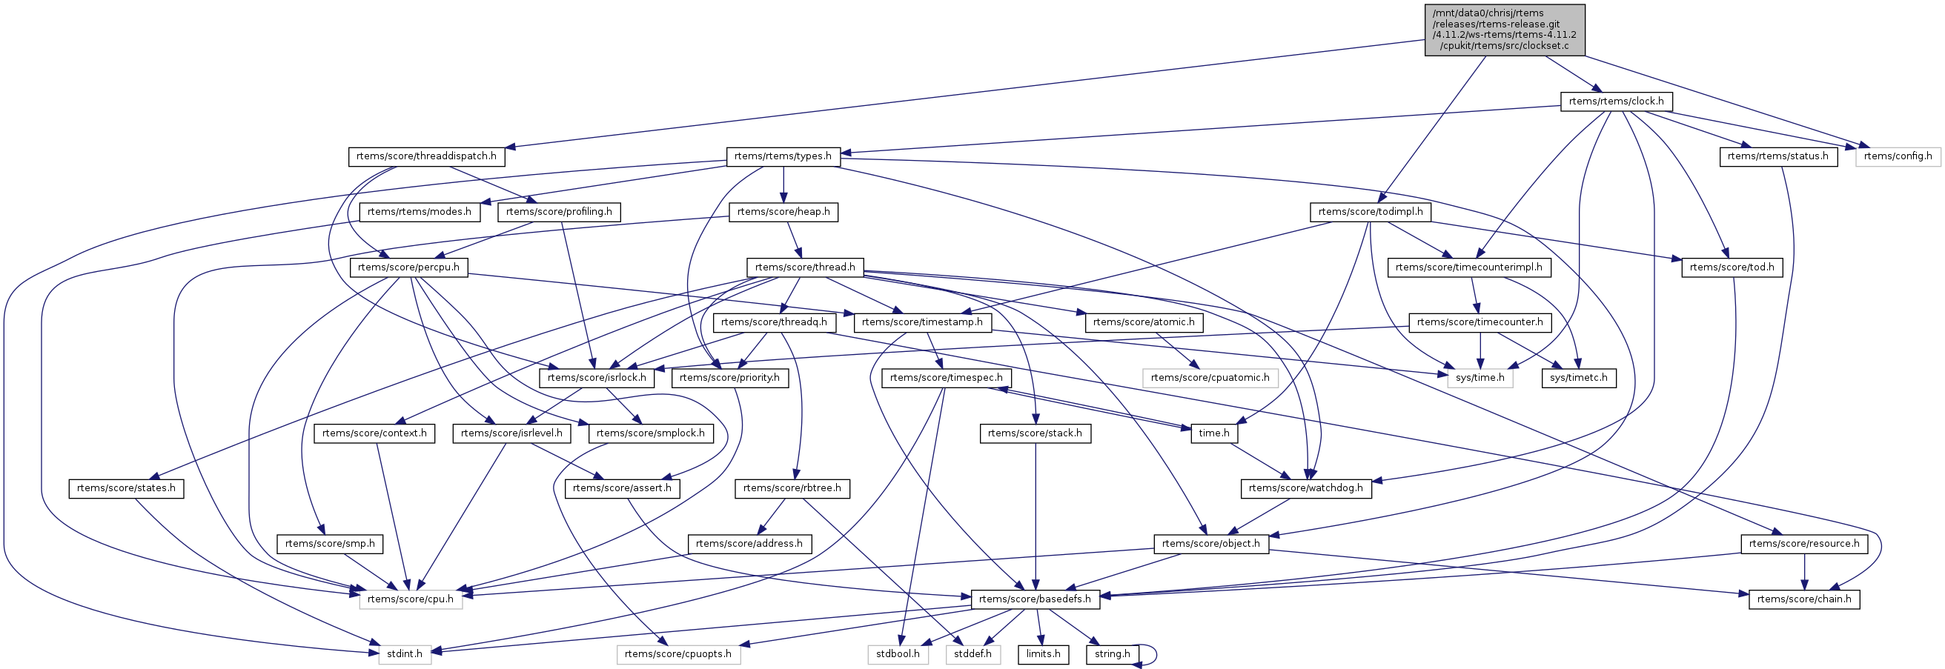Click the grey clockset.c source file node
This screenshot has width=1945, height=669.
click(1504, 30)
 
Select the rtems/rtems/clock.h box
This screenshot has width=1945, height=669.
click(1616, 101)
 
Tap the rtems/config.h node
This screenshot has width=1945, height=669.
click(1898, 156)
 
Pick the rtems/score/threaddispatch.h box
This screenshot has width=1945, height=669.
click(427, 156)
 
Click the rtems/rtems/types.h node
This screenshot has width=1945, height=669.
click(783, 156)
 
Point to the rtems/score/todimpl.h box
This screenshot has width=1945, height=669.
click(1370, 212)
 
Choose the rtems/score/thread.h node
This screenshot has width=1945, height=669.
click(805, 267)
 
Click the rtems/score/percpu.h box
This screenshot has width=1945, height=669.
click(408, 267)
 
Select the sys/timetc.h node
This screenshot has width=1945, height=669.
click(1578, 378)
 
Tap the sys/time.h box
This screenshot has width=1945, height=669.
click(1480, 378)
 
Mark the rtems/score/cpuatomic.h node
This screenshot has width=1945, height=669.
click(1210, 378)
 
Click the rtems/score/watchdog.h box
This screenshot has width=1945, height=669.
click(1305, 488)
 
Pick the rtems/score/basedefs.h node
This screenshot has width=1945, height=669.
click(1035, 599)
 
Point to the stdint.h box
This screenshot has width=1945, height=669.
click(405, 654)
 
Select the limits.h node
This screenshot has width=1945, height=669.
click(1044, 654)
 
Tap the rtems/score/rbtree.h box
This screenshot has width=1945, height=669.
click(792, 488)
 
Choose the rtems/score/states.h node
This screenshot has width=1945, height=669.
click(126, 488)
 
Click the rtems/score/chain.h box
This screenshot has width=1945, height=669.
click(1804, 599)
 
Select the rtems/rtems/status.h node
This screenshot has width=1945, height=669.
click(1777, 156)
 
